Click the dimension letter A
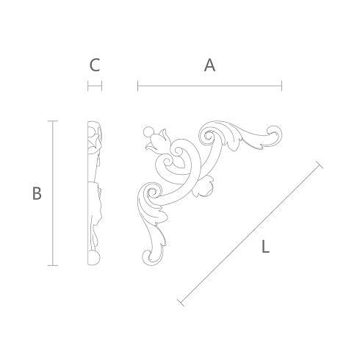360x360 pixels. pyautogui.click(x=209, y=65)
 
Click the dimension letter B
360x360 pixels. pyautogui.click(x=37, y=193)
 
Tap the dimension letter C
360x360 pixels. pyautogui.click(x=95, y=65)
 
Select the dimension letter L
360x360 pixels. pyautogui.click(x=265, y=246)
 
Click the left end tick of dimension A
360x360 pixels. pyautogui.click(x=138, y=86)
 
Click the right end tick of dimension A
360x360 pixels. pyautogui.click(x=282, y=86)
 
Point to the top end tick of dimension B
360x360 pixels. pyautogui.click(x=53, y=121)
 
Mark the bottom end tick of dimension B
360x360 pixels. pyautogui.click(x=53, y=265)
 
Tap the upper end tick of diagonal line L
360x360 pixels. pyautogui.click(x=320, y=165)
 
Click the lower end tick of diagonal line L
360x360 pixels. pyautogui.click(x=181, y=303)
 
